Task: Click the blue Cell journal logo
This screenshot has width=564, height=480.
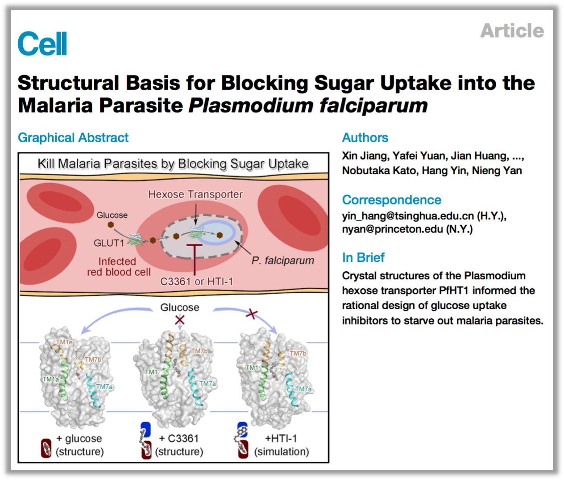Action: [x=42, y=43]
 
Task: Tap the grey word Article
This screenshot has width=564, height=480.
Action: [x=512, y=30]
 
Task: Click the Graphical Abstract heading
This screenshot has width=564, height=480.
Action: [x=73, y=138]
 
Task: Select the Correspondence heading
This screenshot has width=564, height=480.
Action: [x=392, y=200]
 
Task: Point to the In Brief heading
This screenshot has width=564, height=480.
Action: [x=363, y=257]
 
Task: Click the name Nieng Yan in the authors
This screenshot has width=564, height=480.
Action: [x=497, y=170]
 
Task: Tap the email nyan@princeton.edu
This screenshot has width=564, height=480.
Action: [x=392, y=229]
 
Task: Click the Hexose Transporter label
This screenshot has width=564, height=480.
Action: [x=195, y=194]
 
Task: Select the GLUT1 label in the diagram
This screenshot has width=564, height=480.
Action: [x=109, y=243]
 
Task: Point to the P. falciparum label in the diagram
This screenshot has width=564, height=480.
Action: [x=283, y=261]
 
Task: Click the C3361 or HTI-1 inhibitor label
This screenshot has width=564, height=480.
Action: [x=196, y=281]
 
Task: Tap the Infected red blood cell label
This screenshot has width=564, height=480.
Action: [x=119, y=267]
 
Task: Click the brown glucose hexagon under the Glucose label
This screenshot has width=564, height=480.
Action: [x=111, y=225]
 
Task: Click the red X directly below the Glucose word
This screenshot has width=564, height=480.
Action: [x=179, y=320]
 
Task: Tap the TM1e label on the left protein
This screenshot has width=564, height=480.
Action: [x=64, y=342]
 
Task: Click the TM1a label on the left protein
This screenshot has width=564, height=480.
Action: [x=51, y=379]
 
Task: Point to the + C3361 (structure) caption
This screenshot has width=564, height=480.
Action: [x=179, y=445]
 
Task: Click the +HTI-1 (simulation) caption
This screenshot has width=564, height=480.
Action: [x=281, y=445]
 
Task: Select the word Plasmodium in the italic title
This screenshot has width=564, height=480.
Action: [x=251, y=105]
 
